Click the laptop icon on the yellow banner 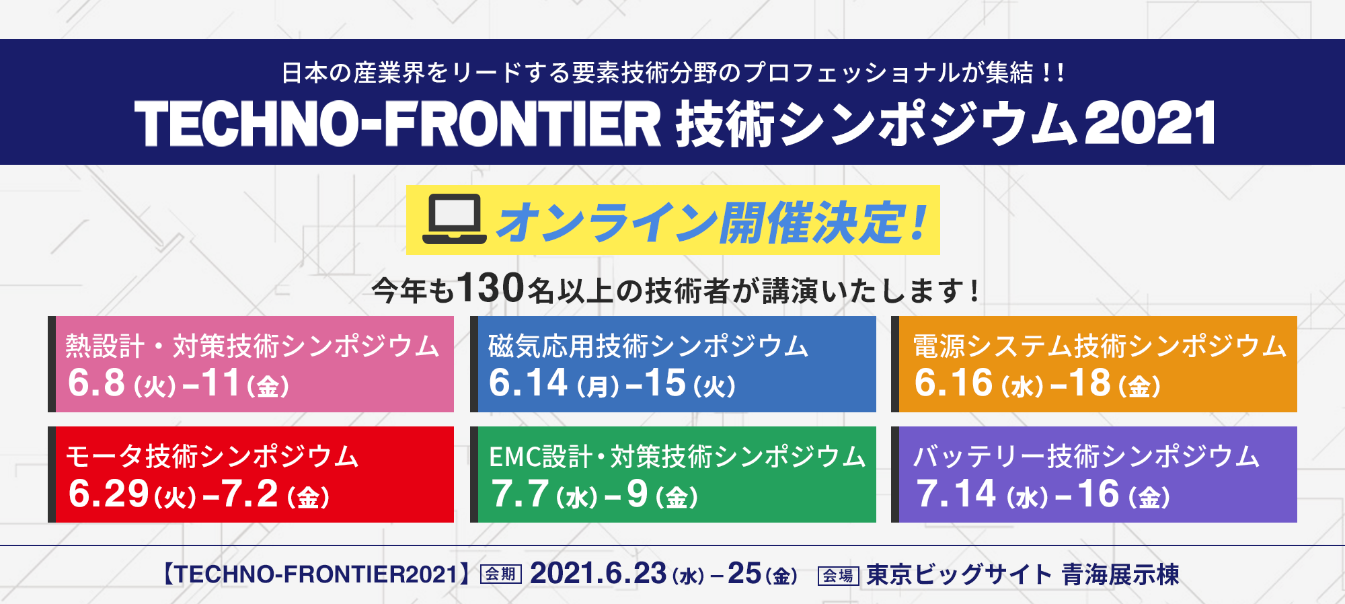454,219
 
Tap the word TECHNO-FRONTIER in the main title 398,124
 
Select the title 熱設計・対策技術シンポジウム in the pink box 252,346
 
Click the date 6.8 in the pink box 96,383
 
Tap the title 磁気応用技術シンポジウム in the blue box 648,346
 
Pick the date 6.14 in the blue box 528,383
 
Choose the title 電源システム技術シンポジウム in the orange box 1100,346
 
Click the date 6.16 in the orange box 954,383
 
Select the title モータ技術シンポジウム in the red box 213,456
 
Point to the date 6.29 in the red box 108,494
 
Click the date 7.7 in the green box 519,494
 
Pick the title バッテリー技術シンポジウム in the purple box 1086,456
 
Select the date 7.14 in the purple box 956,494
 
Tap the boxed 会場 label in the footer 838,576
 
